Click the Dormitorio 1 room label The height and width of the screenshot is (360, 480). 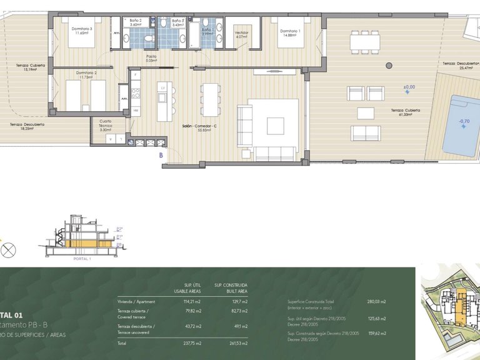click(x=290, y=31)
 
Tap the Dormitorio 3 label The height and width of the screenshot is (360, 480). click(x=82, y=29)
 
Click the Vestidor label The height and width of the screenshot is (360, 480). click(x=241, y=32)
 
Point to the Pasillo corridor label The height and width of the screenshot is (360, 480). click(x=151, y=56)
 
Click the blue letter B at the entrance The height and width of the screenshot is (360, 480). click(x=161, y=154)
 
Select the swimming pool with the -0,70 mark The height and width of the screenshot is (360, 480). click(x=462, y=125)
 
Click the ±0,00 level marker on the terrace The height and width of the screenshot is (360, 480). click(x=408, y=87)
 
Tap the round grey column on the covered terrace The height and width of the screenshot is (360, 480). click(x=389, y=64)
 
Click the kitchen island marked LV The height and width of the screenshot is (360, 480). click(x=162, y=100)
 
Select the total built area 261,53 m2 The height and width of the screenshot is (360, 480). click(x=239, y=344)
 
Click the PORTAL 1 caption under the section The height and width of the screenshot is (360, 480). click(x=82, y=258)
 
